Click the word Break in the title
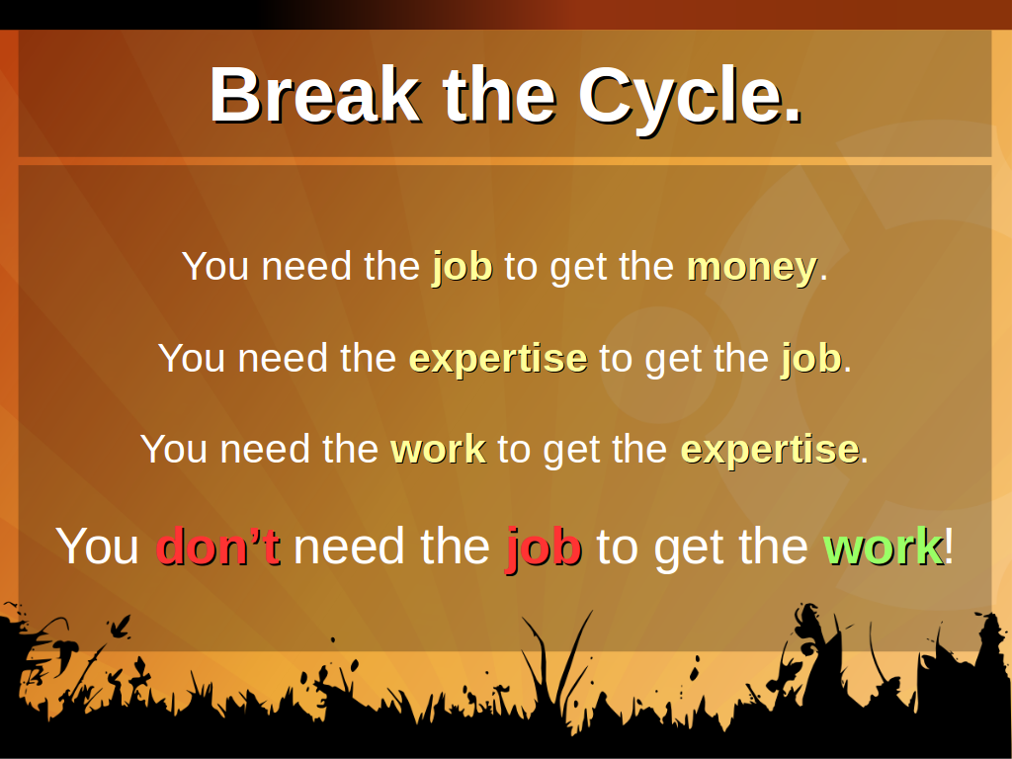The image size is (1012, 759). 315,95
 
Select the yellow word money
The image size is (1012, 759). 752,268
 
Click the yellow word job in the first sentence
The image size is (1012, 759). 463,268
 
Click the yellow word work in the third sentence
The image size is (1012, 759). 438,450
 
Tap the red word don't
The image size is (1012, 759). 218,546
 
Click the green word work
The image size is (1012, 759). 883,547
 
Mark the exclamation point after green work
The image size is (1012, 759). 949,546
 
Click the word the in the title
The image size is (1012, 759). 499,95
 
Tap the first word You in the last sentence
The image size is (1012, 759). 98,547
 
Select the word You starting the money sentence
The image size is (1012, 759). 215,267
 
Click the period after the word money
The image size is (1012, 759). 823,278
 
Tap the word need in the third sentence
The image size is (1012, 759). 265,450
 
